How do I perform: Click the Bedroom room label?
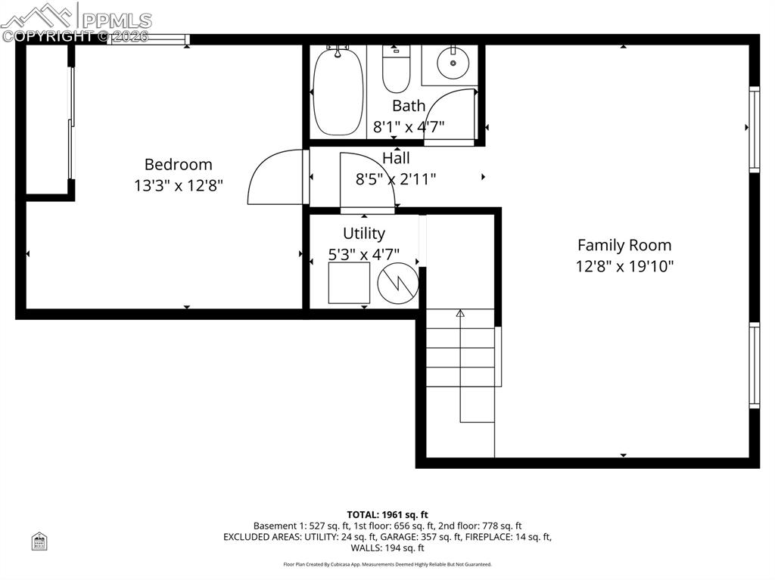[178, 164]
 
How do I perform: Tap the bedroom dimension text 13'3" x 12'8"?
[179, 185]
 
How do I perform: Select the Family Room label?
[624, 245]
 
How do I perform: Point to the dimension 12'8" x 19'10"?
[624, 266]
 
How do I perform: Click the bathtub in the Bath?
[338, 91]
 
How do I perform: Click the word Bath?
[409, 106]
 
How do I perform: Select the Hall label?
[396, 158]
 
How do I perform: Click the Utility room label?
[364, 233]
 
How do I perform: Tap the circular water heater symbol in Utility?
[398, 283]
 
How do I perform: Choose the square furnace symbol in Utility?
[349, 283]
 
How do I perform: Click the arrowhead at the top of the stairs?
[460, 312]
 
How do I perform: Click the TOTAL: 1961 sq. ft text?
[387, 515]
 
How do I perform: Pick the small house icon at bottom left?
[39, 541]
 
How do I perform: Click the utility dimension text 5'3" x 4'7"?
[364, 254]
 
